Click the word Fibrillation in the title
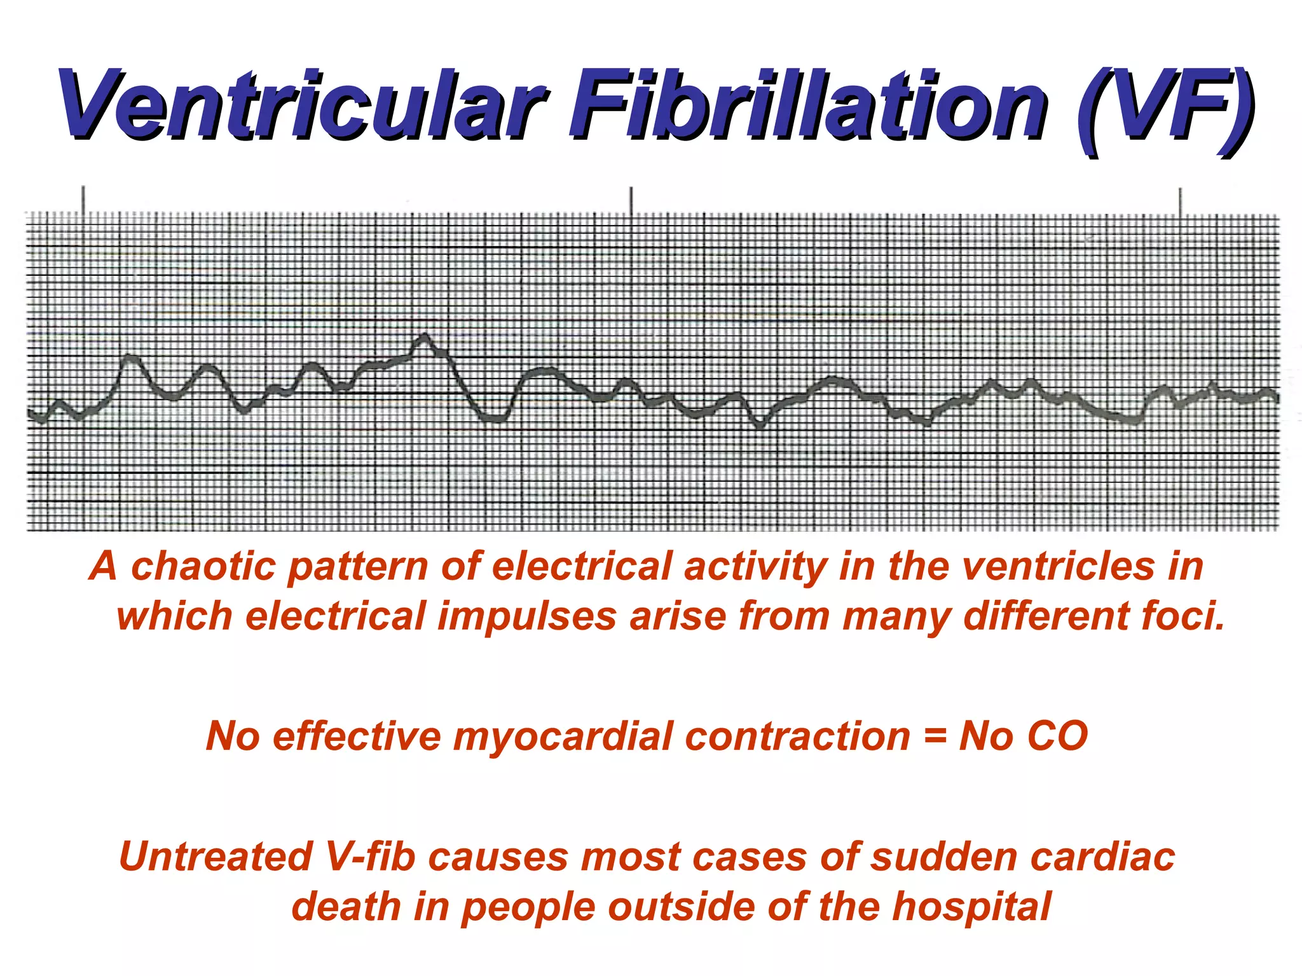pos(807,105)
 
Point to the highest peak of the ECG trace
pos(425,335)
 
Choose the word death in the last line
pos(346,907)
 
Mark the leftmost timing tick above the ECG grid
pos(83,198)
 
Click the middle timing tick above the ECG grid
pos(631,200)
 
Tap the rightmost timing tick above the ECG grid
pos(1180,201)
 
